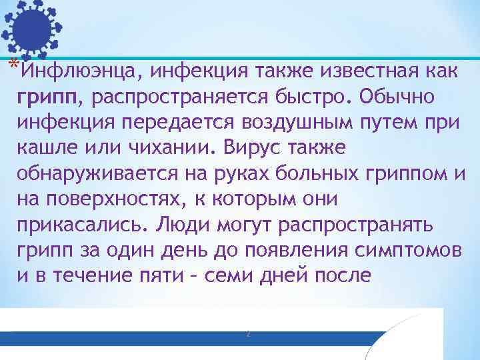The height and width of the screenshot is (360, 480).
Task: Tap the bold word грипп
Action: pyautogui.click(x=49, y=98)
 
